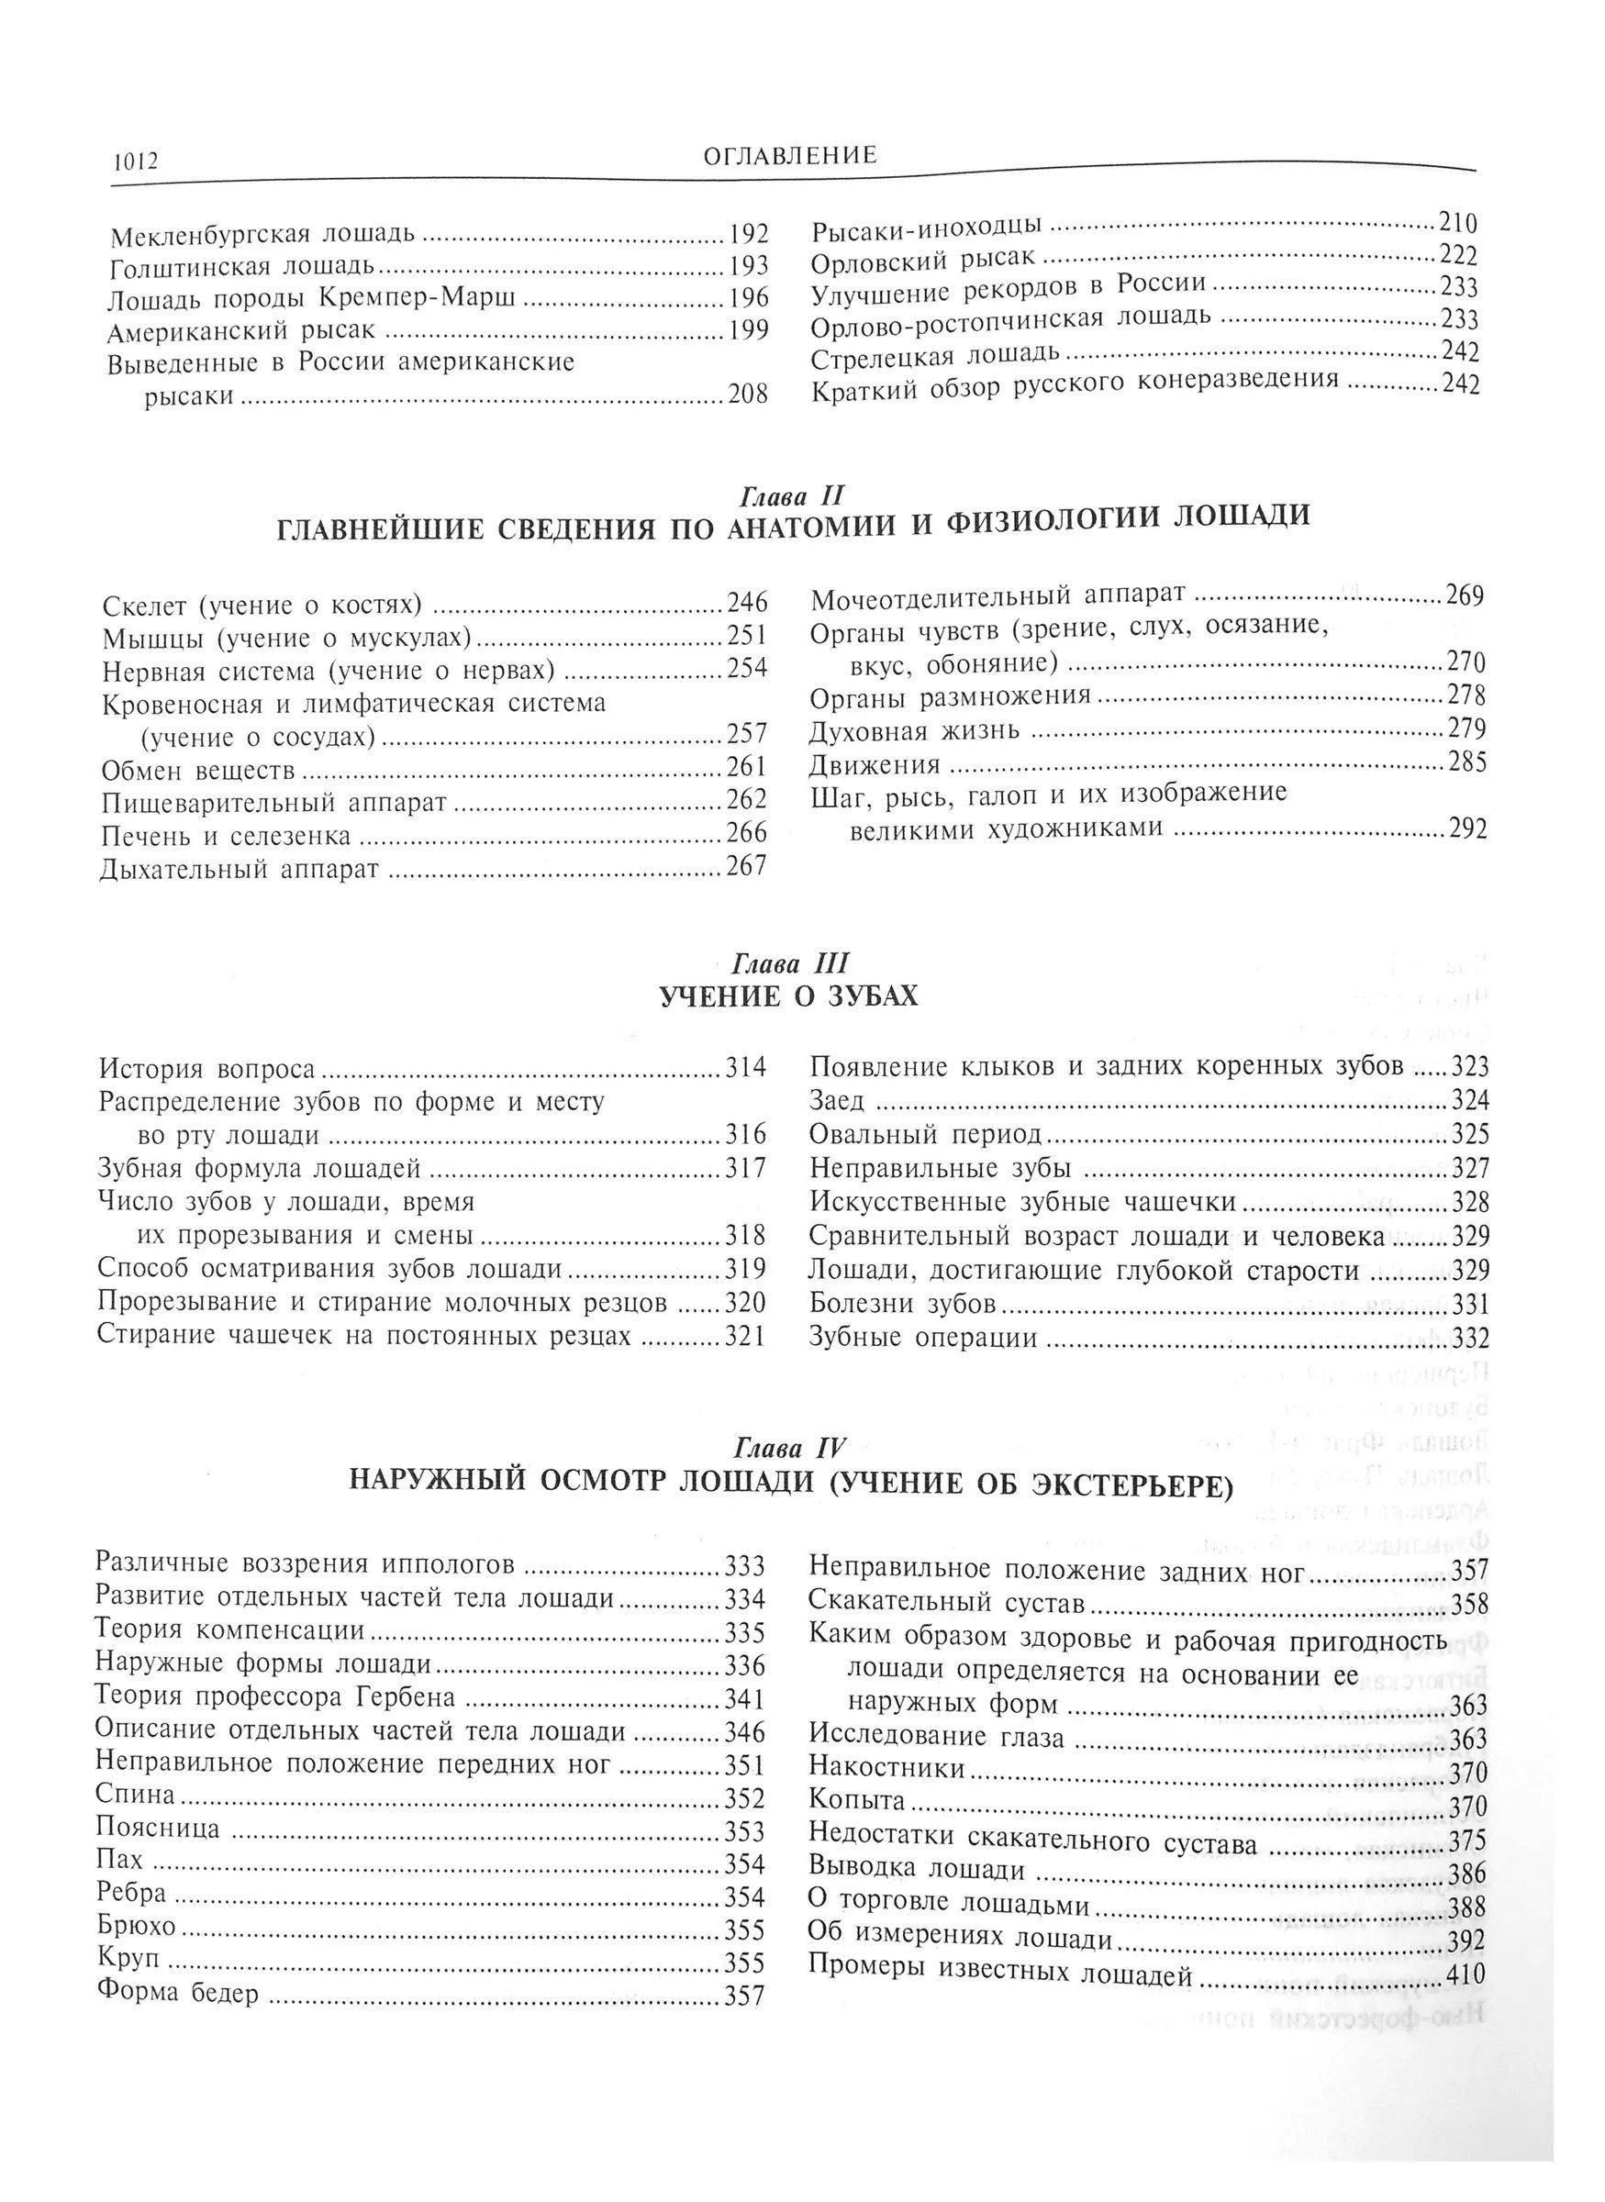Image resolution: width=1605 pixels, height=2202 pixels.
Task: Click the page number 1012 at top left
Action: pos(128,161)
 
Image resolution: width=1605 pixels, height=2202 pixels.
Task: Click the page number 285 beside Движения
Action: pos(1466,763)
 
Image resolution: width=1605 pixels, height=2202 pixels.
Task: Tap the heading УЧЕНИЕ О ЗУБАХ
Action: pos(788,996)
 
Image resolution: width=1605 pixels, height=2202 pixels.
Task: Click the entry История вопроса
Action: pos(207,1070)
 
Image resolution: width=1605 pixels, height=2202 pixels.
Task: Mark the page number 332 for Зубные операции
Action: pos(1469,1339)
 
